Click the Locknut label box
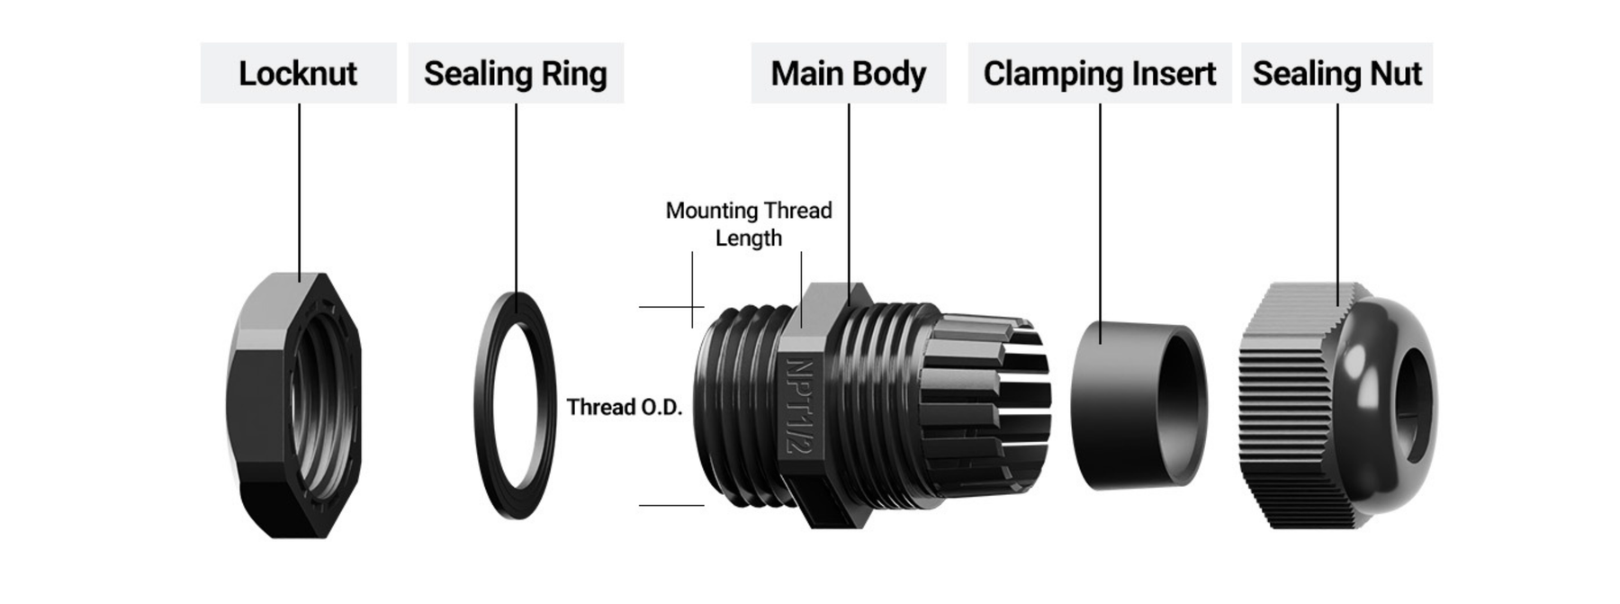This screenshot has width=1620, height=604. point(298,73)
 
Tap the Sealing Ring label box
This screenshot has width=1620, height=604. point(516,73)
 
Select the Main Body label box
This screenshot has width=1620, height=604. point(848,73)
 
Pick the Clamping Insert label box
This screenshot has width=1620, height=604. point(1099,73)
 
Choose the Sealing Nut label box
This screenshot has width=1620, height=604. point(1336,73)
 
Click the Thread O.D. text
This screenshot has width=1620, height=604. point(624,407)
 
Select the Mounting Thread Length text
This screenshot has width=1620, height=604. point(748,223)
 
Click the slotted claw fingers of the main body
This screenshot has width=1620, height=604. point(990,405)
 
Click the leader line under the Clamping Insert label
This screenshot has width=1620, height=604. point(1100,216)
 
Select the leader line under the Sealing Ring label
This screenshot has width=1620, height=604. point(516,198)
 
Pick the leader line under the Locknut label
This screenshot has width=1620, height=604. point(299,189)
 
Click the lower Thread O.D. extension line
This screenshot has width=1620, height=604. point(671,505)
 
